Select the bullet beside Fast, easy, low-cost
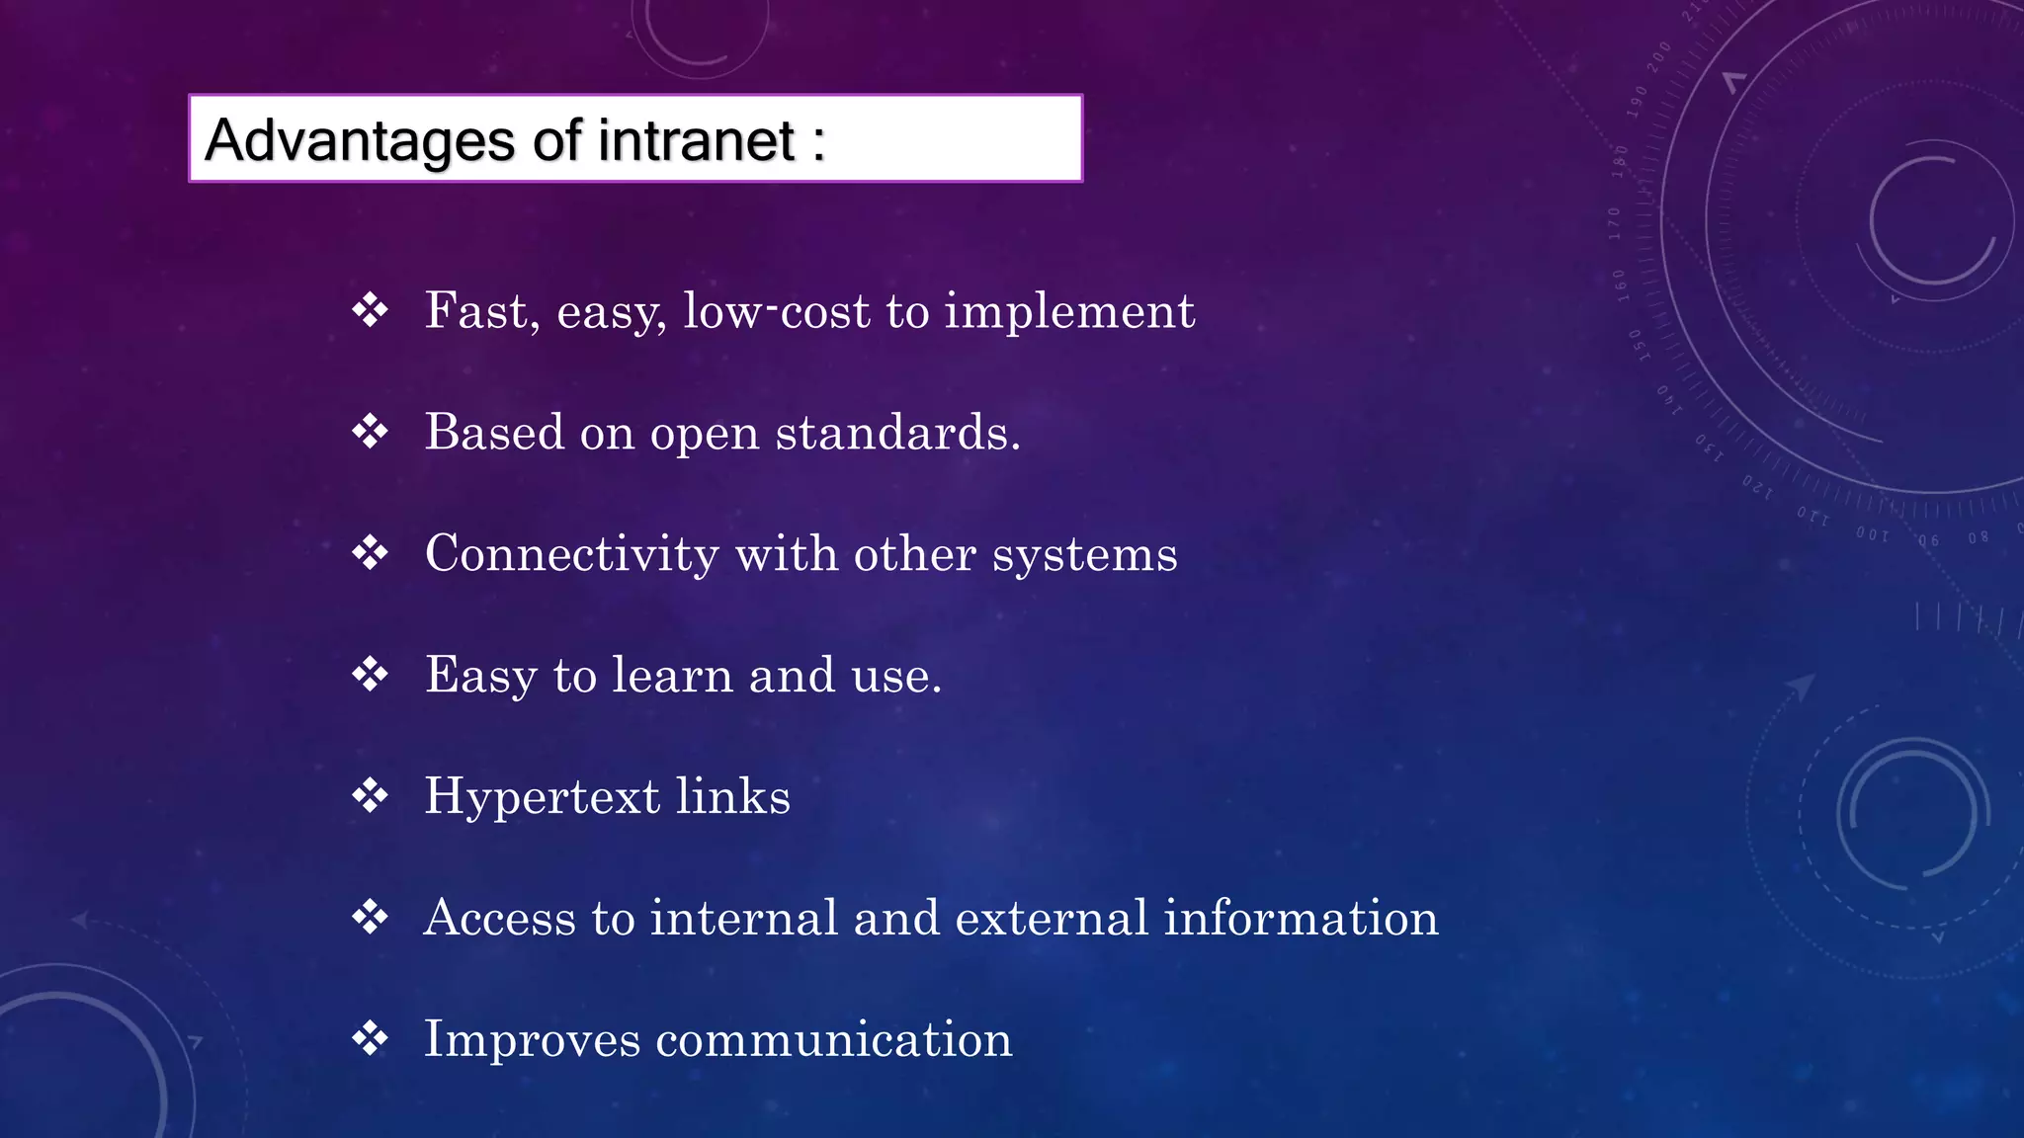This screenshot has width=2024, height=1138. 371,310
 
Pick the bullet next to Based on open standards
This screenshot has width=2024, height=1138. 371,432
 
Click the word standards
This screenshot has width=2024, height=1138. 897,433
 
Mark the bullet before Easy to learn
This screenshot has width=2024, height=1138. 371,675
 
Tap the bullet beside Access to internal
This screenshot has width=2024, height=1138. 371,918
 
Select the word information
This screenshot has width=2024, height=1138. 1301,918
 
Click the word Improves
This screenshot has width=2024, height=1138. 533,1040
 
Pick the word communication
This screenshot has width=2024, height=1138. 834,1040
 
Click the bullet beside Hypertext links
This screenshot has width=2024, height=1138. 371,796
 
